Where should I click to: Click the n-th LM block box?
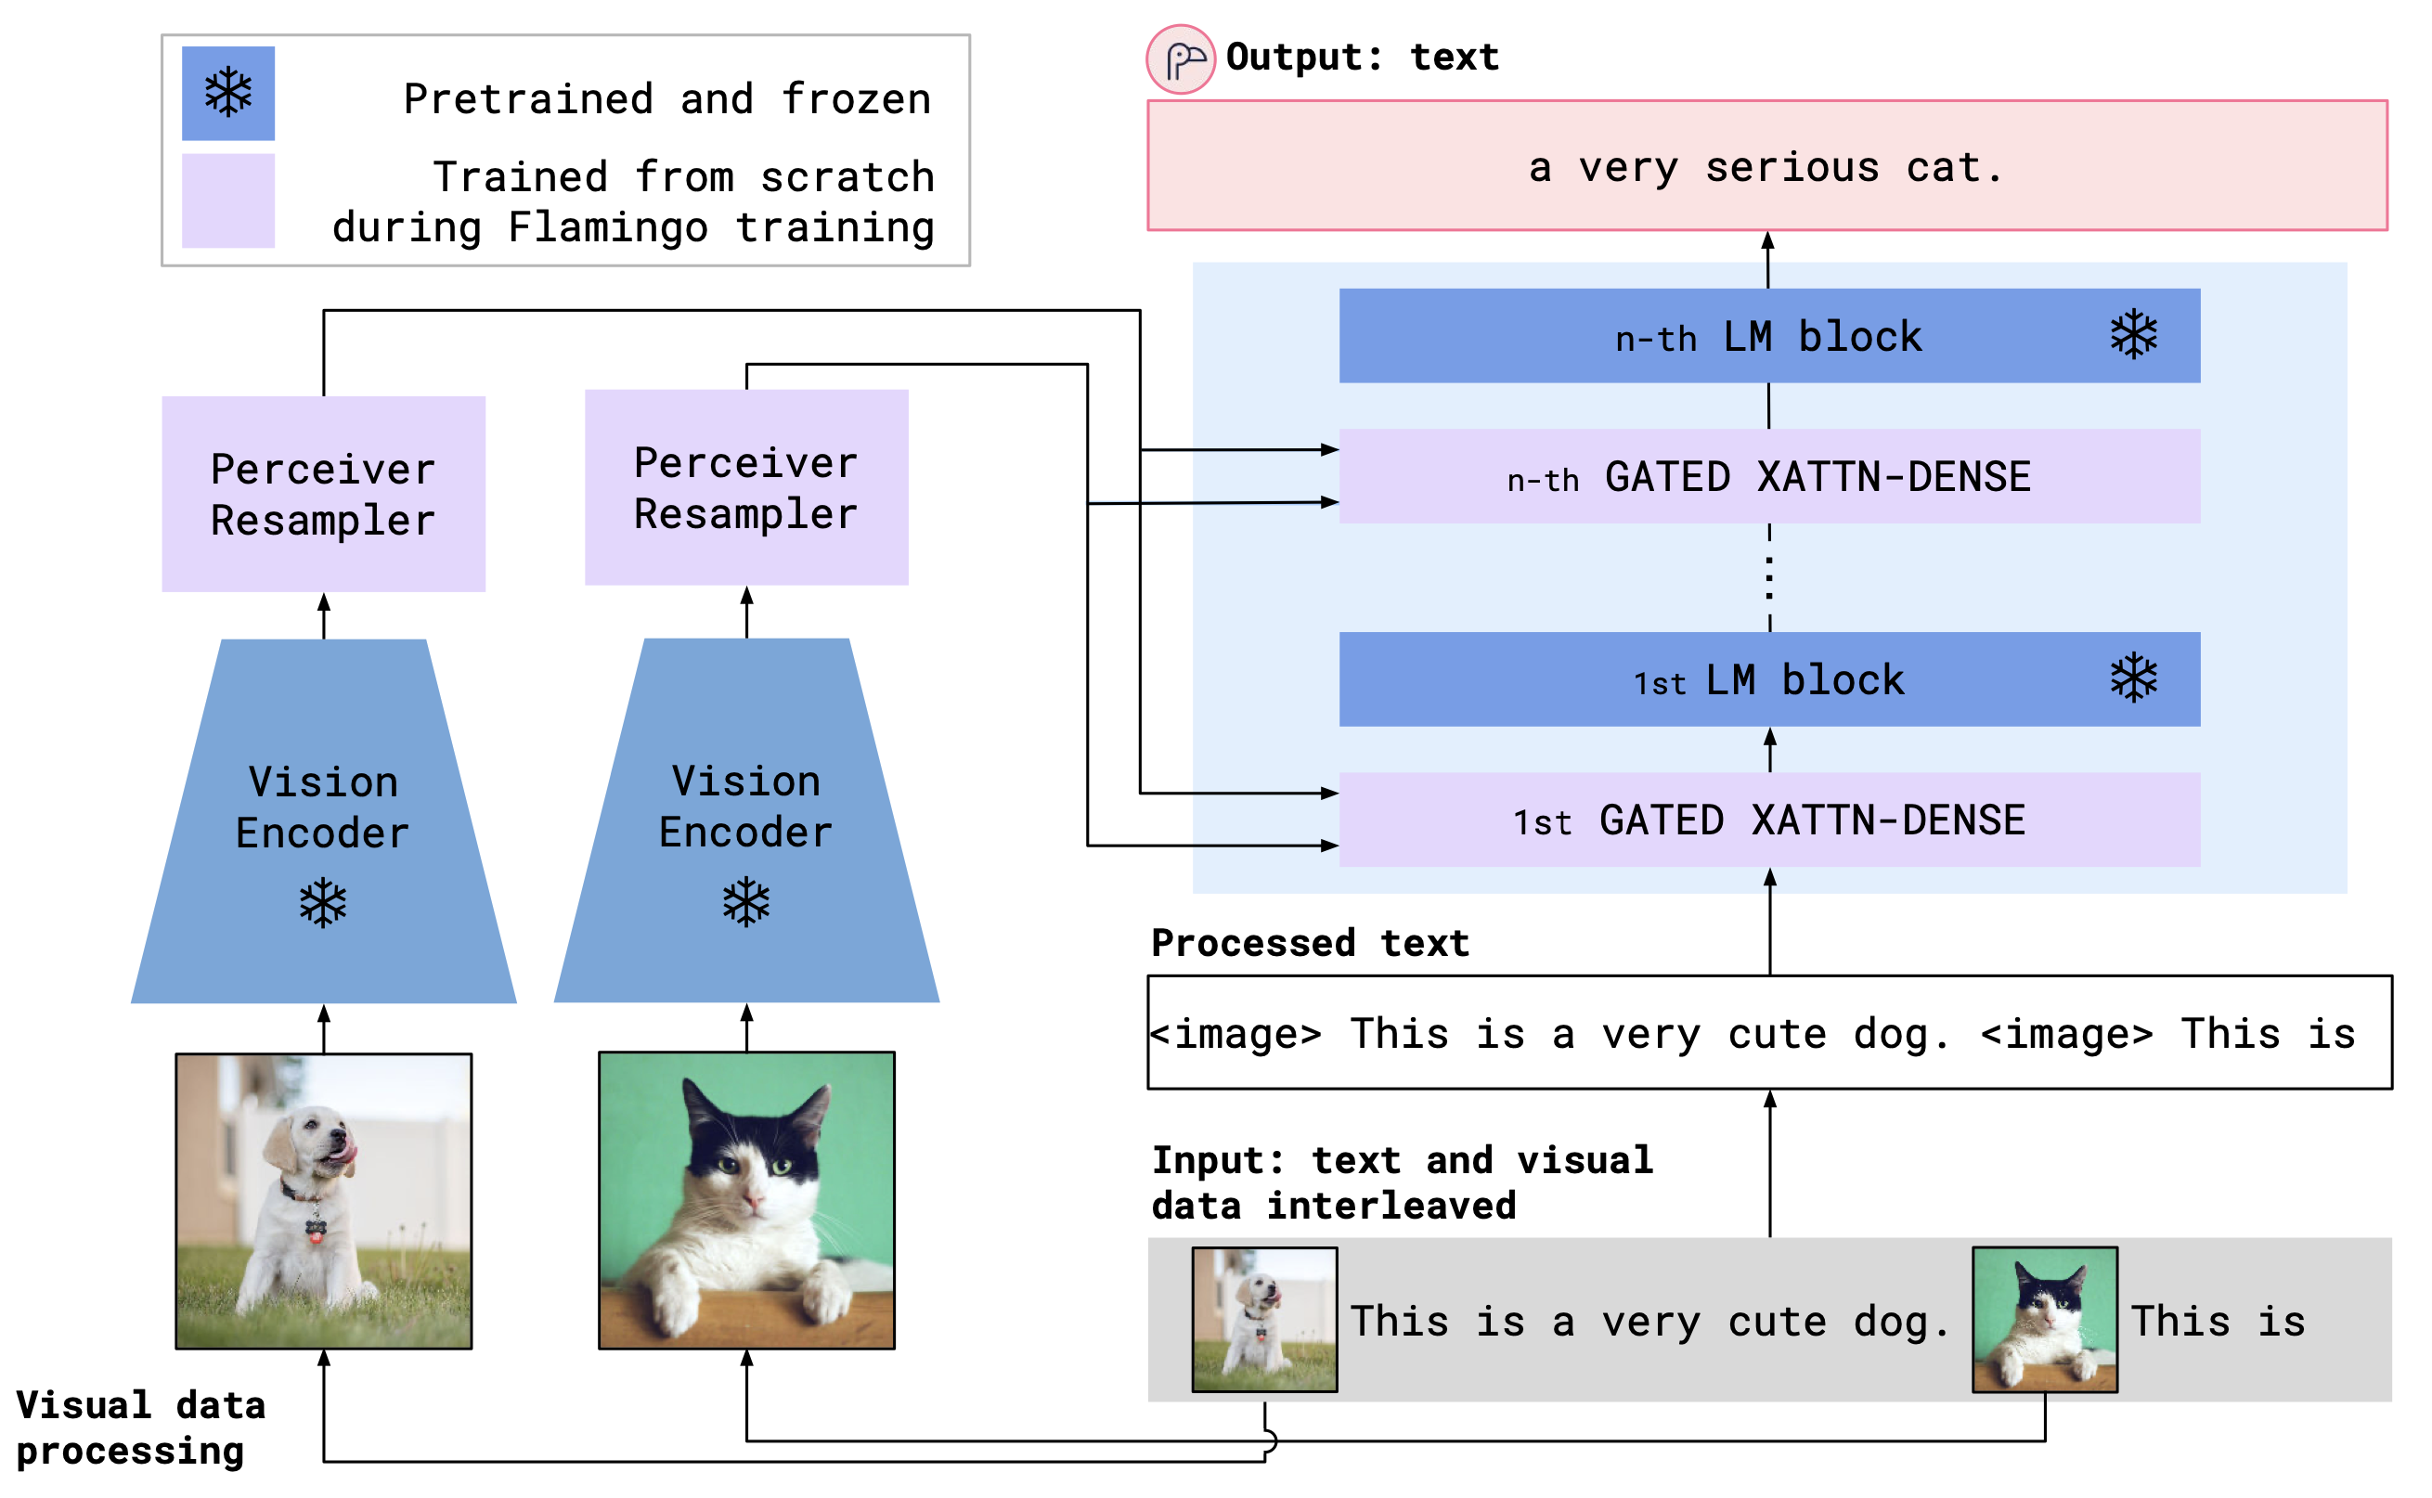click(1769, 336)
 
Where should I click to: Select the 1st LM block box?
click(1769, 679)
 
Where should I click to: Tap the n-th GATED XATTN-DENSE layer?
click(1769, 476)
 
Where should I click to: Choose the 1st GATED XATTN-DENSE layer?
click(1769, 820)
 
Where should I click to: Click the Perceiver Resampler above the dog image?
click(324, 495)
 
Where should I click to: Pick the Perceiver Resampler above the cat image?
click(746, 487)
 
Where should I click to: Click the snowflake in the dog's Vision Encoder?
click(324, 902)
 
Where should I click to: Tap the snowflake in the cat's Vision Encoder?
click(746, 901)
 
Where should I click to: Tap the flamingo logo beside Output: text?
click(1181, 59)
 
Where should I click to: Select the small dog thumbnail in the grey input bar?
click(1264, 1320)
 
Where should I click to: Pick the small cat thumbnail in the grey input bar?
click(2045, 1320)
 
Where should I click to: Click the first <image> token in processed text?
click(1236, 1034)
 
